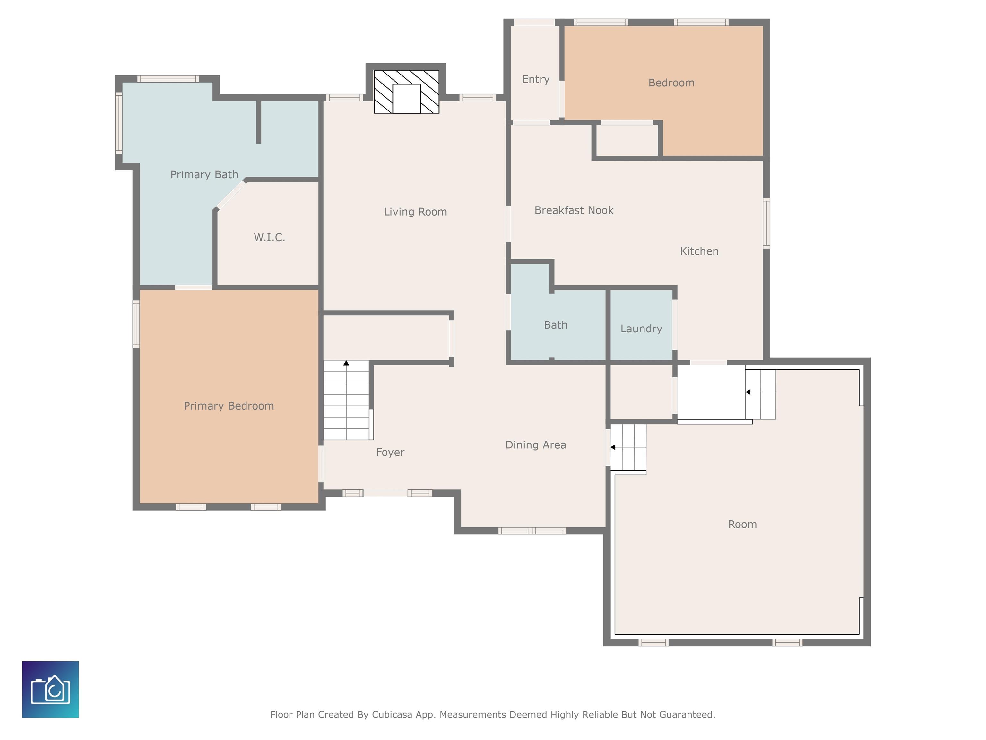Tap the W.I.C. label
point(269,237)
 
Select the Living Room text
point(415,212)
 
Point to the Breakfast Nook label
point(574,210)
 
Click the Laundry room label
point(641,329)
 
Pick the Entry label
point(535,79)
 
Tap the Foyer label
point(390,452)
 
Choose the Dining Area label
point(535,445)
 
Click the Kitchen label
point(699,251)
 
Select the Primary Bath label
point(204,174)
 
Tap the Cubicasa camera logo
point(50,689)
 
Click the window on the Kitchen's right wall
point(766,223)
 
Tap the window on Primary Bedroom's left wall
point(136,324)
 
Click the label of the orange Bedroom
point(671,83)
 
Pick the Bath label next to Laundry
point(555,325)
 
